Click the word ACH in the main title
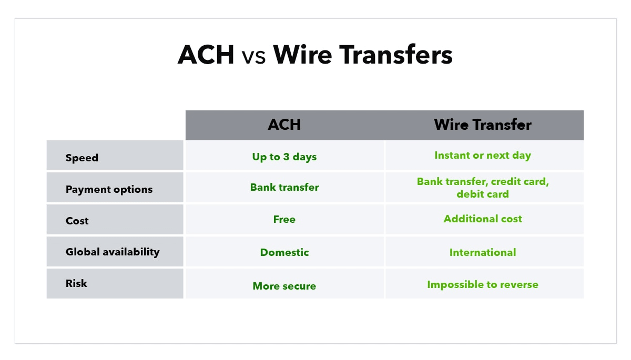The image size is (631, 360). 206,55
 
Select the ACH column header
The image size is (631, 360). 284,125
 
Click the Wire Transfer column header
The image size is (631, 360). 482,125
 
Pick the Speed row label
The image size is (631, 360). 82,158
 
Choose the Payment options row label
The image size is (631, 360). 109,189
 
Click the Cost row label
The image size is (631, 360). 77,221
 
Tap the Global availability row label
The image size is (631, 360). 112,252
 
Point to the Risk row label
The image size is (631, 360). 76,283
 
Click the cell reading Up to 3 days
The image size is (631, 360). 284,157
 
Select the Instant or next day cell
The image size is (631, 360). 482,156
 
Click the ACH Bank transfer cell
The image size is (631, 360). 284,188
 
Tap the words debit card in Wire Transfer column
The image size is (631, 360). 482,194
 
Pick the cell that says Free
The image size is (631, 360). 284,219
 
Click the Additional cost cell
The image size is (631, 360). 482,219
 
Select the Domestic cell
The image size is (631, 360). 284,252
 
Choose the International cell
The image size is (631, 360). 482,252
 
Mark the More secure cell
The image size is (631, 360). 284,286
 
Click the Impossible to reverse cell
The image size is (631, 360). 482,284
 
